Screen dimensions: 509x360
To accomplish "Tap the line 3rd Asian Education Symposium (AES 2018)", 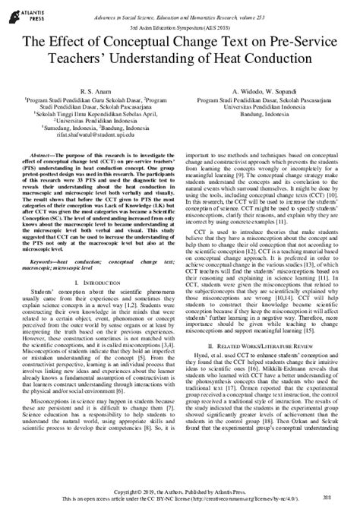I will (180, 24).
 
